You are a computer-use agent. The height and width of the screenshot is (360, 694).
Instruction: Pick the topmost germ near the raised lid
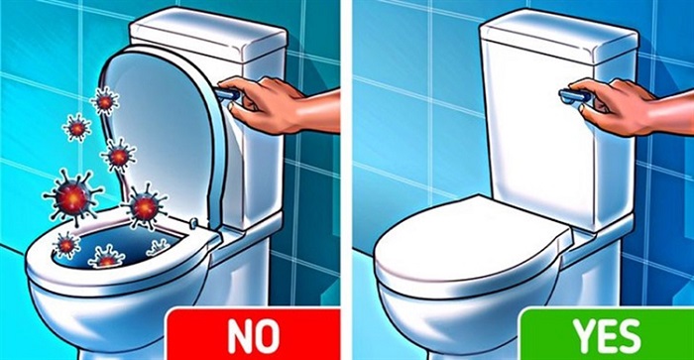pos(104,99)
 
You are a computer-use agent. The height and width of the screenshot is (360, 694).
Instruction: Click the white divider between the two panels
pos(348,179)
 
